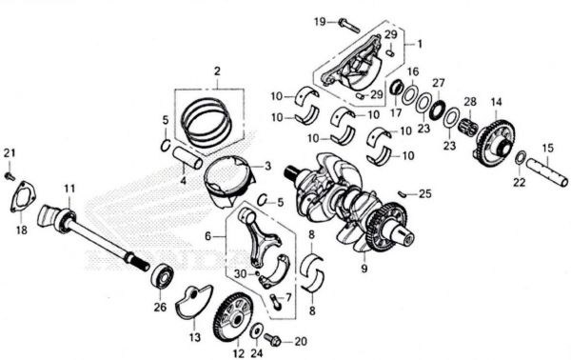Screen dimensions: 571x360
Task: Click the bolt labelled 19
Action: (349, 25)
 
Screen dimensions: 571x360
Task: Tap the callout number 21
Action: (10, 152)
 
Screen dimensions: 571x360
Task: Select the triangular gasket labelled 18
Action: (23, 196)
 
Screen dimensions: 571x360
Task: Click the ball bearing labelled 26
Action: (162, 278)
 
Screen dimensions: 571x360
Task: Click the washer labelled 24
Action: (256, 330)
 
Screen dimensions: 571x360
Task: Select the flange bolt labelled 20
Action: (271, 339)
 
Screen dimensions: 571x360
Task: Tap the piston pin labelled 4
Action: (187, 157)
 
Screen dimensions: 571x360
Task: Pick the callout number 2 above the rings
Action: (217, 71)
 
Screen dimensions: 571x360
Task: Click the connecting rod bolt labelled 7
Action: (276, 302)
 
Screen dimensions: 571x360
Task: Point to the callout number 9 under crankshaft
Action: (364, 269)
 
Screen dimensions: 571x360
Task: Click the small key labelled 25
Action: (403, 193)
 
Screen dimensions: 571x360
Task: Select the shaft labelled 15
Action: (547, 171)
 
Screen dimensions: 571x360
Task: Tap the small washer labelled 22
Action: (521, 158)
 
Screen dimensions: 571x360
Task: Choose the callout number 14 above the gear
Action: (497, 102)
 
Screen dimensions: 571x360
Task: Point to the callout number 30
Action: (241, 273)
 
